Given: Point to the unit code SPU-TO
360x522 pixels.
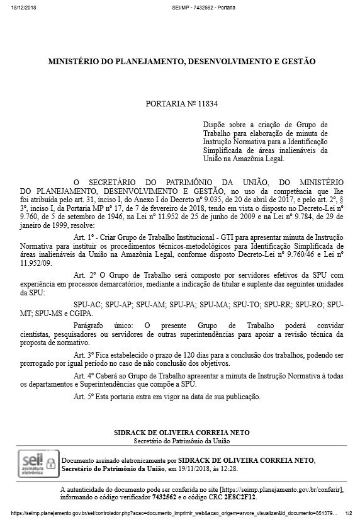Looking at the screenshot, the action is (247, 304).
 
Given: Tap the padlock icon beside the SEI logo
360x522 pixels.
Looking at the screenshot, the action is (50, 463).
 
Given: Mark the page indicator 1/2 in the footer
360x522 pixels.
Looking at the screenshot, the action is (349, 513).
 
